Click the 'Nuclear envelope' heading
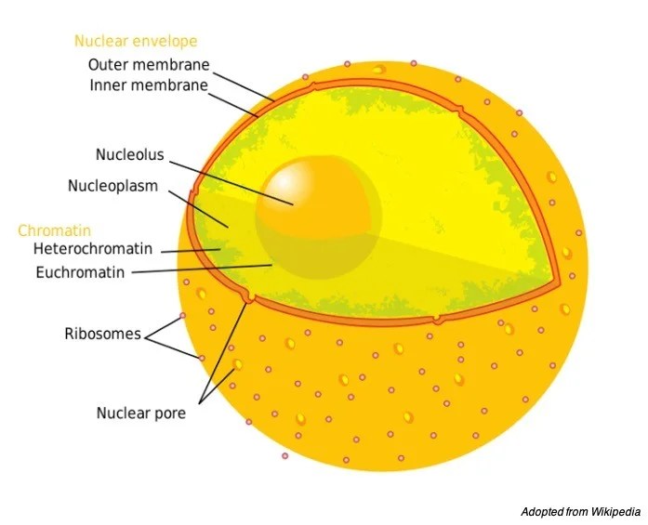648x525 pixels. [136, 41]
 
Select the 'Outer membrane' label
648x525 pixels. [149, 65]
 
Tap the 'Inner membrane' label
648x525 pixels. [149, 85]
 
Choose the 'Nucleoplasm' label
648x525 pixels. [112, 186]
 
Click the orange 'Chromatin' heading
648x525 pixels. [55, 230]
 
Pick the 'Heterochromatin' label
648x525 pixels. [92, 249]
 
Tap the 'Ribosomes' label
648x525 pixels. [102, 334]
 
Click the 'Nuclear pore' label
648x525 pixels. [141, 413]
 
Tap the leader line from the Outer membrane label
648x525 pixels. [244, 83]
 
